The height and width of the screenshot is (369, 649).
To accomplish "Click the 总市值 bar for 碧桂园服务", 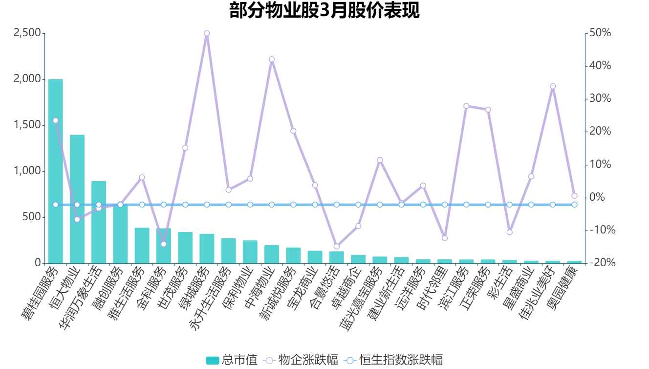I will pos(55,171).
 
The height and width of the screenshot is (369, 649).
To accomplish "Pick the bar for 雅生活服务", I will pos(142,245).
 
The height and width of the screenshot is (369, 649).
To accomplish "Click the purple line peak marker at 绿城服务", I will pos(207,33).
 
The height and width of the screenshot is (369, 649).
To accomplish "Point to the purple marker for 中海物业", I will pos(272,59).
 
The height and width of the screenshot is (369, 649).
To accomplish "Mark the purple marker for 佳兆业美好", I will pos(553,86).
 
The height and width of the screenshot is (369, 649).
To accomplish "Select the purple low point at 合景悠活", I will pos(336,247).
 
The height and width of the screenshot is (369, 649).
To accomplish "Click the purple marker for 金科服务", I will pos(164,244).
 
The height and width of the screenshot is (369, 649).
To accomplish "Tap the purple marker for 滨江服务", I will pos(466,106).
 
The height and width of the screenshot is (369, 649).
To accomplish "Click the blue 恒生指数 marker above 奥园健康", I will pos(574,205).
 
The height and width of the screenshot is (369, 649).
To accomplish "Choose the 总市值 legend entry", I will pos(232,360).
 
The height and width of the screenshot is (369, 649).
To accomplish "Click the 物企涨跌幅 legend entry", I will pos(300,360).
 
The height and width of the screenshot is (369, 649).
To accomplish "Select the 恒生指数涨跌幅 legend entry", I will pos(393,360).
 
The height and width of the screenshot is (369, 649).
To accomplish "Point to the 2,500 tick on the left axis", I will pos(27,33).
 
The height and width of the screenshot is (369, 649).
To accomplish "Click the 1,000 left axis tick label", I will pos(27,171).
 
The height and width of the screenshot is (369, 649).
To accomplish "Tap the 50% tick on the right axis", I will pos(600,33).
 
